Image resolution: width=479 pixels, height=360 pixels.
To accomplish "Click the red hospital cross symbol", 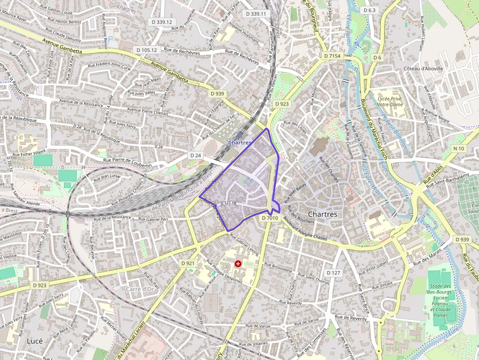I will [238, 264].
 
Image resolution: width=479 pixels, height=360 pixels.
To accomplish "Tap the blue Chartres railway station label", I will [239, 142].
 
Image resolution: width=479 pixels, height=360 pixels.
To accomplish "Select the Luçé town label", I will [35, 340].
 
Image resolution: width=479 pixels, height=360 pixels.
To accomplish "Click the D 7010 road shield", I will [270, 218].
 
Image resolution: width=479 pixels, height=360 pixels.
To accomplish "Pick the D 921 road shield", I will [188, 263].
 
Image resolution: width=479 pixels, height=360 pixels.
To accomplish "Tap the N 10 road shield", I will [458, 148].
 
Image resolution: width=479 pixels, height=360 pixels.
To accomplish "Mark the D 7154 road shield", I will [332, 56].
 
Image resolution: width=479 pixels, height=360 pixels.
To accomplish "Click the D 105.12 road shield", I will [147, 50].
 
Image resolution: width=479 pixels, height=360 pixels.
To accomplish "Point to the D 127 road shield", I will [333, 273].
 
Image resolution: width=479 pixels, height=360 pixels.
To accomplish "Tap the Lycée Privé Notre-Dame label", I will [390, 102].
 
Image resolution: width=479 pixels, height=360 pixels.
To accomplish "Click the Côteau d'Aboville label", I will [423, 69].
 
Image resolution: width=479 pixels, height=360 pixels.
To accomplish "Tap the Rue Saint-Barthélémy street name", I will [451, 178].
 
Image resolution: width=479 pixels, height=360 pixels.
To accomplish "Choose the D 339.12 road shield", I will [162, 22].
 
